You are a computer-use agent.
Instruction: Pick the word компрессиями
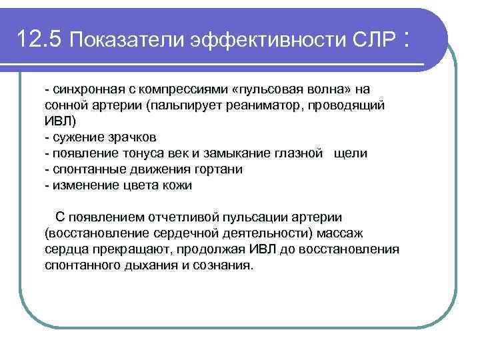[175, 89]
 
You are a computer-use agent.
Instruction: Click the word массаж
[339, 233]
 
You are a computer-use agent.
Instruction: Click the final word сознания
[225, 265]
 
